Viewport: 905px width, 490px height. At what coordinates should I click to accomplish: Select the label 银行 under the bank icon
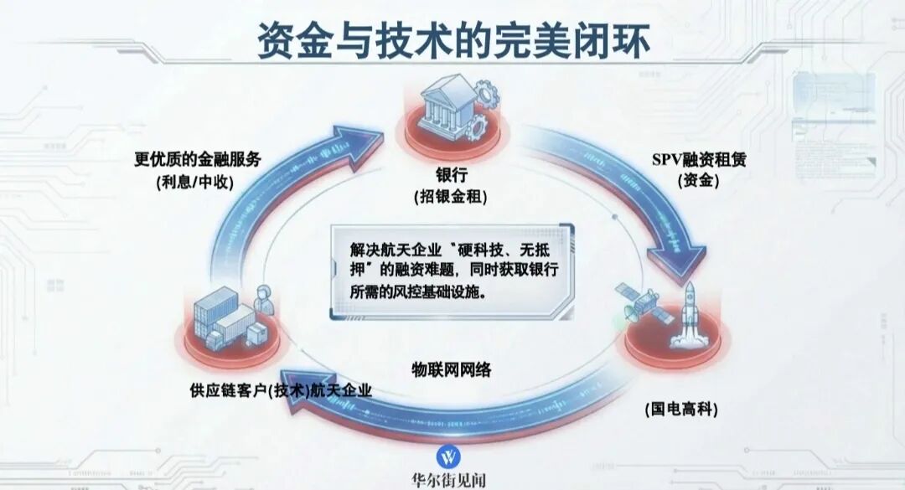tap(452, 174)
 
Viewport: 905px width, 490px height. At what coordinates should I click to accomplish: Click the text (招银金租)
tap(451, 197)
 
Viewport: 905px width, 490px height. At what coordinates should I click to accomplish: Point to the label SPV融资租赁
tap(699, 158)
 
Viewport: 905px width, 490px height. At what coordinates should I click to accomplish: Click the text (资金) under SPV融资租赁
tap(698, 181)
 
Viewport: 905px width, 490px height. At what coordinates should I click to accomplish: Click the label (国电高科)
tap(681, 410)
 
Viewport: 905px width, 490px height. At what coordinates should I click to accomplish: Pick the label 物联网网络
tap(452, 369)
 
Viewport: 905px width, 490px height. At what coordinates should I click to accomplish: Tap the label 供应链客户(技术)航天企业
tap(281, 390)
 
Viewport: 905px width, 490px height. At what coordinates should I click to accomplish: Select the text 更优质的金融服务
tap(198, 158)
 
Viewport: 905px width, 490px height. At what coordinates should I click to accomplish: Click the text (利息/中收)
tap(195, 182)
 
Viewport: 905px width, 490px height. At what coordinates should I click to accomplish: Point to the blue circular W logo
tap(448, 457)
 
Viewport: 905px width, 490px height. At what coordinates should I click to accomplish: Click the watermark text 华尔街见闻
tap(448, 480)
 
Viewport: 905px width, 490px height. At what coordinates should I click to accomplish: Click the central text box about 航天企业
tap(452, 272)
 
